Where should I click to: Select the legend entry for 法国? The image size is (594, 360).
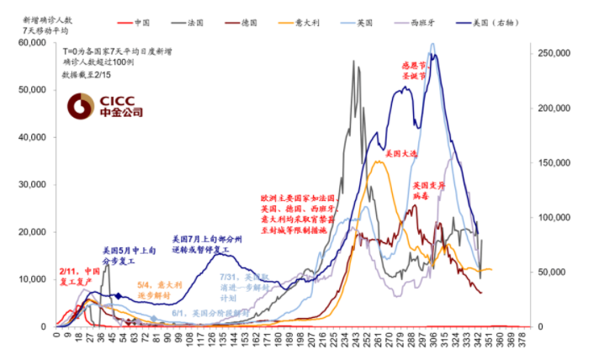click(202, 21)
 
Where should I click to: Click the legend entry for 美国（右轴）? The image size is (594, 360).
click(536, 21)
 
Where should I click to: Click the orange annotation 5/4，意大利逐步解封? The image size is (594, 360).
click(159, 290)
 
